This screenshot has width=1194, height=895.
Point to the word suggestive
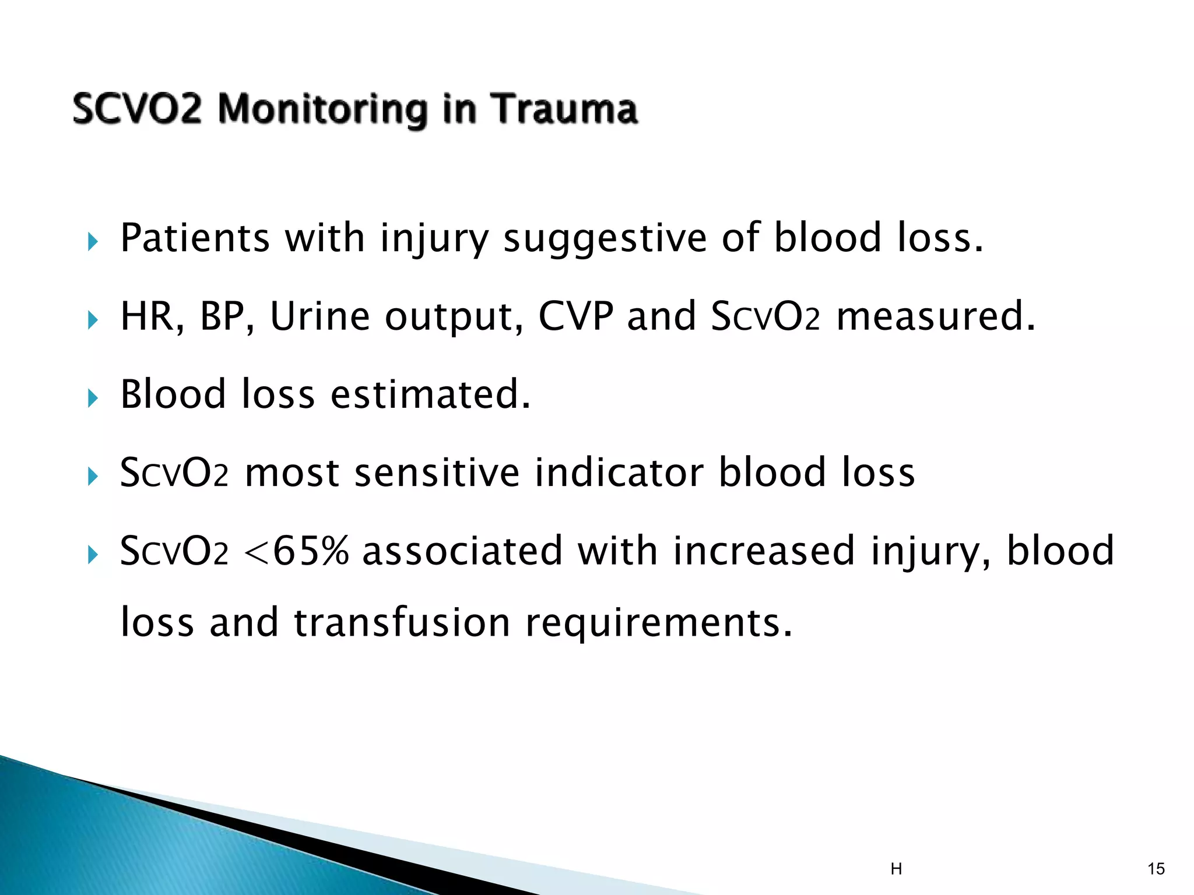[605, 239]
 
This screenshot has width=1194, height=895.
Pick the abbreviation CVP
[575, 316]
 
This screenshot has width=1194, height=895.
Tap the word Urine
[320, 316]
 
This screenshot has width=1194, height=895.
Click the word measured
[935, 316]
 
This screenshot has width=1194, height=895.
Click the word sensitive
[437, 473]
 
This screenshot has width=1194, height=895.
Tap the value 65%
[310, 551]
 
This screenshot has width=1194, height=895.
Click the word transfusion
[402, 622]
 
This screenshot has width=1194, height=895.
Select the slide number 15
[1156, 869]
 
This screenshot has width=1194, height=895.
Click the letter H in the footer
[896, 869]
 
